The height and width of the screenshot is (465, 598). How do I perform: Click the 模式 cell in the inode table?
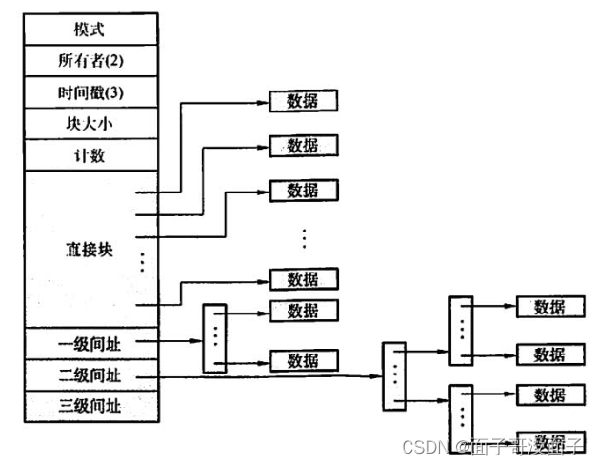(90, 29)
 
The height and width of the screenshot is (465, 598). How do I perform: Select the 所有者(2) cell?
(90, 60)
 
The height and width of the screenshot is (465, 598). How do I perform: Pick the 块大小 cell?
(90, 123)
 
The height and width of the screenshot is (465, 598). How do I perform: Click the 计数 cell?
(90, 154)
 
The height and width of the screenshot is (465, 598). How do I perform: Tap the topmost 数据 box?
(302, 101)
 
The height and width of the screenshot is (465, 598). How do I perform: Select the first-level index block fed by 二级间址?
(392, 375)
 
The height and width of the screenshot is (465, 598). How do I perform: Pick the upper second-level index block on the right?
(460, 329)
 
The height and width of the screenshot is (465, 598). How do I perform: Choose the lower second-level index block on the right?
(460, 412)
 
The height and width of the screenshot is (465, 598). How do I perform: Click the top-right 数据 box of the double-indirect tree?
(549, 307)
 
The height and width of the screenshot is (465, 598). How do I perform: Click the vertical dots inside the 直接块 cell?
(141, 260)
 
